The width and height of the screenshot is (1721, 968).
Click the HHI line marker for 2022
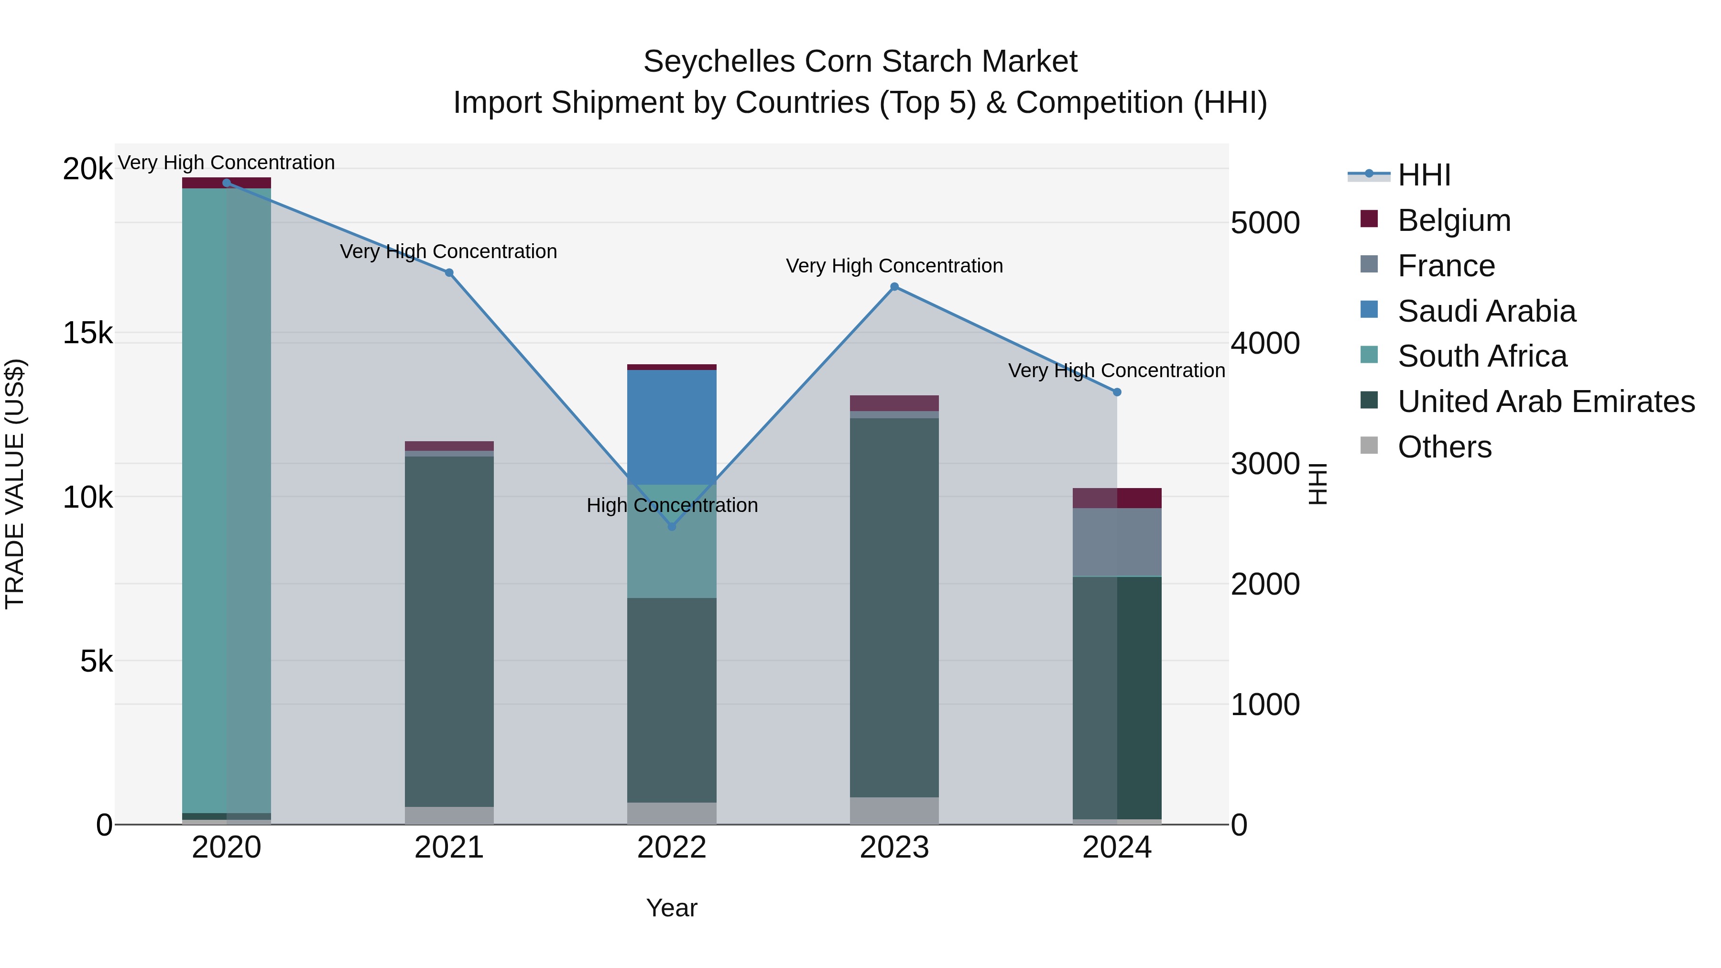(x=672, y=526)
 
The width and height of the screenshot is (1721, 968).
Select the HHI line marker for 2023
(x=894, y=287)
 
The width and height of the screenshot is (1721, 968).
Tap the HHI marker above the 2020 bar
(x=227, y=183)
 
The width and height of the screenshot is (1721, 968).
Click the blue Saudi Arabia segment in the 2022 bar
(x=672, y=427)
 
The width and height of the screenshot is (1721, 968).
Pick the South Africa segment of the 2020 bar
(x=227, y=501)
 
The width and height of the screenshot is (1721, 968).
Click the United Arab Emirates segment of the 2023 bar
(x=894, y=608)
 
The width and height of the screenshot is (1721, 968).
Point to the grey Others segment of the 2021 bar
(x=449, y=815)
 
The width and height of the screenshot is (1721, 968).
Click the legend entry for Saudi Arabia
(x=1486, y=311)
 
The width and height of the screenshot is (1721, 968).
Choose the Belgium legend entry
(x=1454, y=220)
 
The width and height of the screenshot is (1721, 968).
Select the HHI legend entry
(x=1424, y=175)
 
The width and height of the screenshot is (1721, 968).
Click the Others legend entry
(x=1444, y=447)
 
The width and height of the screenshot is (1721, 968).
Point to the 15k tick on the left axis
(x=87, y=333)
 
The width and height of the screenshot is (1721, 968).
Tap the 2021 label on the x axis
(x=449, y=848)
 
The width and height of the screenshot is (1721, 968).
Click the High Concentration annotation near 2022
(x=672, y=505)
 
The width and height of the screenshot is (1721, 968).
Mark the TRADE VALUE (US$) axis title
(x=15, y=484)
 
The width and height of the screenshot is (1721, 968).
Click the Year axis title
(x=672, y=908)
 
